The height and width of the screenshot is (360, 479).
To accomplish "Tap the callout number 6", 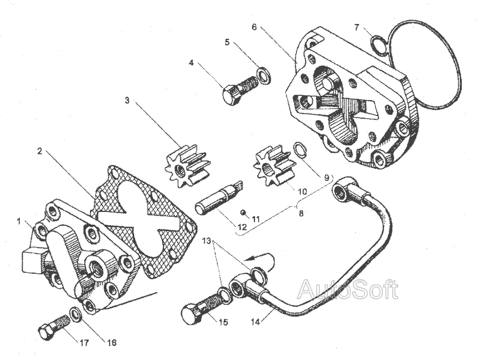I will click(x=254, y=26).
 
